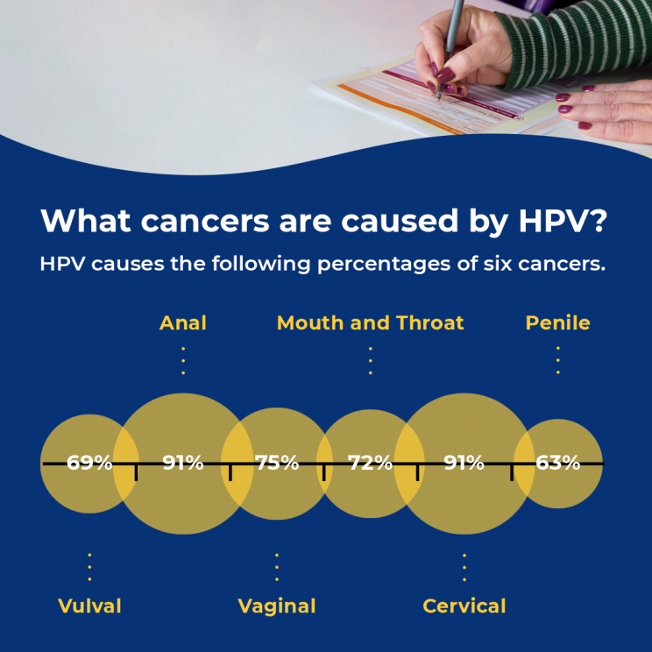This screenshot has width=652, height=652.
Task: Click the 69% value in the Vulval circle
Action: tap(89, 463)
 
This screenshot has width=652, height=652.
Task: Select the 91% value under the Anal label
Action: tap(183, 463)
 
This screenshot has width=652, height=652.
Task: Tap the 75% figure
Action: tap(277, 463)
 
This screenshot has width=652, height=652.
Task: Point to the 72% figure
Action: tap(370, 463)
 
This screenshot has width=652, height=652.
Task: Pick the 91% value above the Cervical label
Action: tap(464, 463)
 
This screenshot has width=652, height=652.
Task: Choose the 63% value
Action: tap(558, 463)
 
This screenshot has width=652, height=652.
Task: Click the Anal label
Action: tap(183, 322)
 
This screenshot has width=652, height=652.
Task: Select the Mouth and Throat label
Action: tap(370, 322)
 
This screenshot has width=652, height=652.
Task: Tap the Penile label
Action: tap(557, 322)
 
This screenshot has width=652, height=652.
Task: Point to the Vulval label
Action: tap(89, 606)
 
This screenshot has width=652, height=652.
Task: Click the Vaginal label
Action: tap(277, 606)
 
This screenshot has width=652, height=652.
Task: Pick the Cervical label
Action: tap(464, 606)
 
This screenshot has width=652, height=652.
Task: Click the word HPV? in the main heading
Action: tap(563, 220)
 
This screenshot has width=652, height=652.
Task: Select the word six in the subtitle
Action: tap(498, 264)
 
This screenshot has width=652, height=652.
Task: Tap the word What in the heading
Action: tap(86, 220)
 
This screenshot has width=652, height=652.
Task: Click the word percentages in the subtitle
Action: tap(384, 265)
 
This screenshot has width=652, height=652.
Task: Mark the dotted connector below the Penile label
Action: tap(558, 360)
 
